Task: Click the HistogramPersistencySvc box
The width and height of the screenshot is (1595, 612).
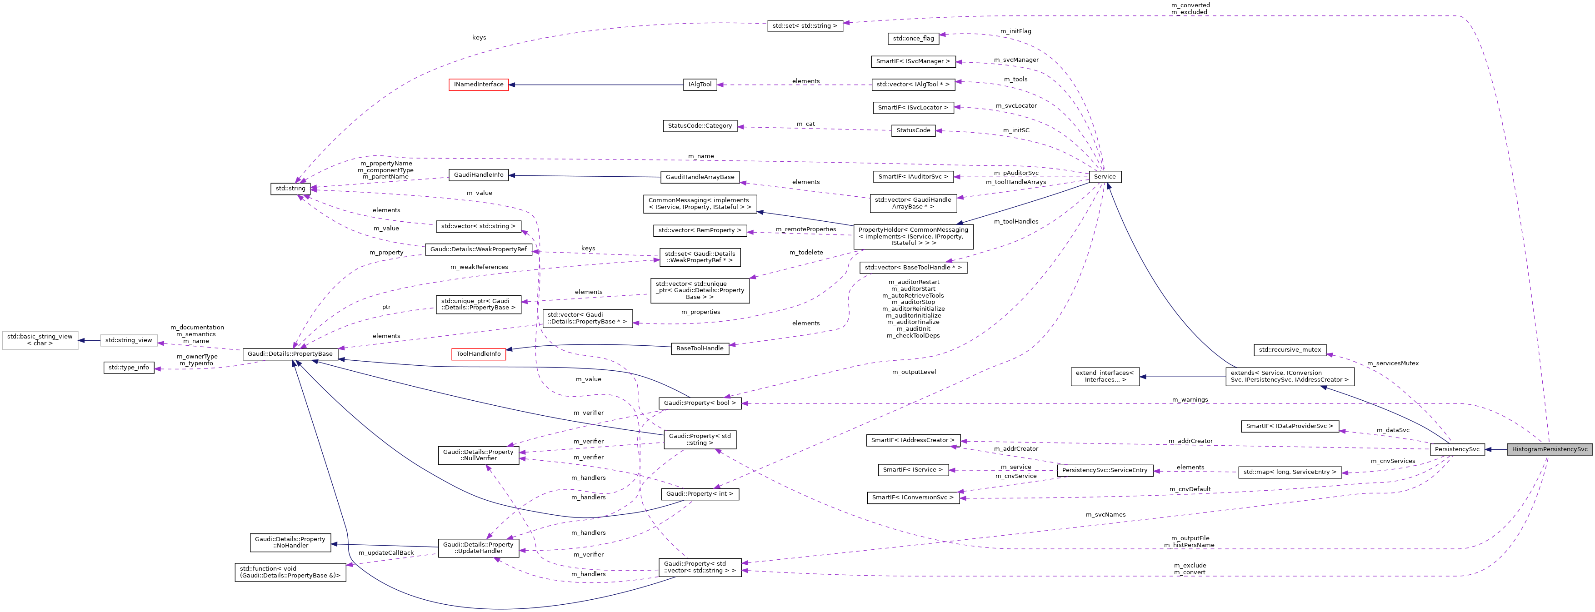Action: (1549, 449)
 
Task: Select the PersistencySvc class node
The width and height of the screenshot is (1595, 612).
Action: (1457, 449)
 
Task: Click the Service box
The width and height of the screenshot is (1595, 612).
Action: (1105, 177)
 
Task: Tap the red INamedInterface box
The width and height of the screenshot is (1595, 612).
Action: (479, 85)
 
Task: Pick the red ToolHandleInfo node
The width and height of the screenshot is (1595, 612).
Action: (479, 354)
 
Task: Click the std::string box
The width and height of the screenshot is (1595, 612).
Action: (290, 189)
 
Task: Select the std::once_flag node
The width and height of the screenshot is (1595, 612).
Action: (913, 38)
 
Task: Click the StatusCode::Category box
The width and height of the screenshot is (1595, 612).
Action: (700, 125)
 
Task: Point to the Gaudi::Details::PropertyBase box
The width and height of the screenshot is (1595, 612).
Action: (291, 354)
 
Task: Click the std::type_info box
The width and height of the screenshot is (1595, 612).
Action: (129, 368)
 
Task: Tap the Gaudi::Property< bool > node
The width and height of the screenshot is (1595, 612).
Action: (700, 403)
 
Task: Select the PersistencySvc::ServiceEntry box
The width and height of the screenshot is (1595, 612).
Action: (1105, 470)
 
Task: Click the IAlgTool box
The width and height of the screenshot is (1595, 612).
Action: (700, 85)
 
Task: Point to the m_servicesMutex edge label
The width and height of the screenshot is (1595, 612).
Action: (1393, 363)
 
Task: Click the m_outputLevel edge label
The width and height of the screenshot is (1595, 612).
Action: (914, 372)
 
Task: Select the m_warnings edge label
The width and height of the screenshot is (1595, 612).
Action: (1190, 400)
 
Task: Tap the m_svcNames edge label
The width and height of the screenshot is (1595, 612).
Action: (1105, 515)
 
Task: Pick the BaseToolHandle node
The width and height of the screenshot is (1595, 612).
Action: (700, 348)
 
